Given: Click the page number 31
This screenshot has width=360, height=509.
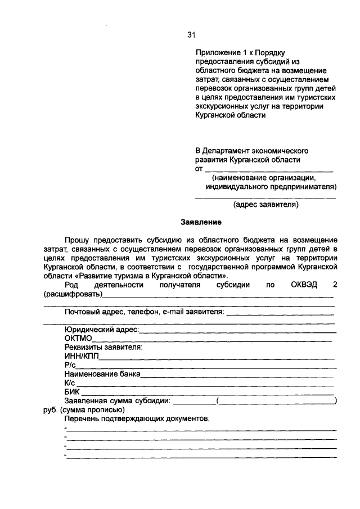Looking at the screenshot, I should pyautogui.click(x=190, y=35).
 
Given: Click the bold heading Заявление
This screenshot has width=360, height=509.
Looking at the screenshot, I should pyautogui.click(x=198, y=222).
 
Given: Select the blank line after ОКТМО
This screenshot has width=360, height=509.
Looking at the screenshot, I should pyautogui.click(x=213, y=340).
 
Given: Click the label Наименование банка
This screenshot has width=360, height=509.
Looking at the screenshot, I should pyautogui.click(x=102, y=373).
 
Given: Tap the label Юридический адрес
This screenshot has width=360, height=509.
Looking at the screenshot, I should pyautogui.click(x=101, y=330).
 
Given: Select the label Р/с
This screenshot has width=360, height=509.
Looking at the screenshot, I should pyautogui.click(x=70, y=365).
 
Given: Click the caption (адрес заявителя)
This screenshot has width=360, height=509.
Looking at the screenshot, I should pyautogui.click(x=265, y=205).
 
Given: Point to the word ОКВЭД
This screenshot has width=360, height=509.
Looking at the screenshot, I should pyautogui.click(x=304, y=285).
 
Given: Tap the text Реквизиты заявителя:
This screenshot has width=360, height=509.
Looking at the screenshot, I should pyautogui.click(x=103, y=348).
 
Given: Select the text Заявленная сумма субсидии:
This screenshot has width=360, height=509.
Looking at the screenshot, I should pyautogui.click(x=117, y=400).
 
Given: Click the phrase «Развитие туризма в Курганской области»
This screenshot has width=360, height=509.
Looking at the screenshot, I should pyautogui.click(x=151, y=276).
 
